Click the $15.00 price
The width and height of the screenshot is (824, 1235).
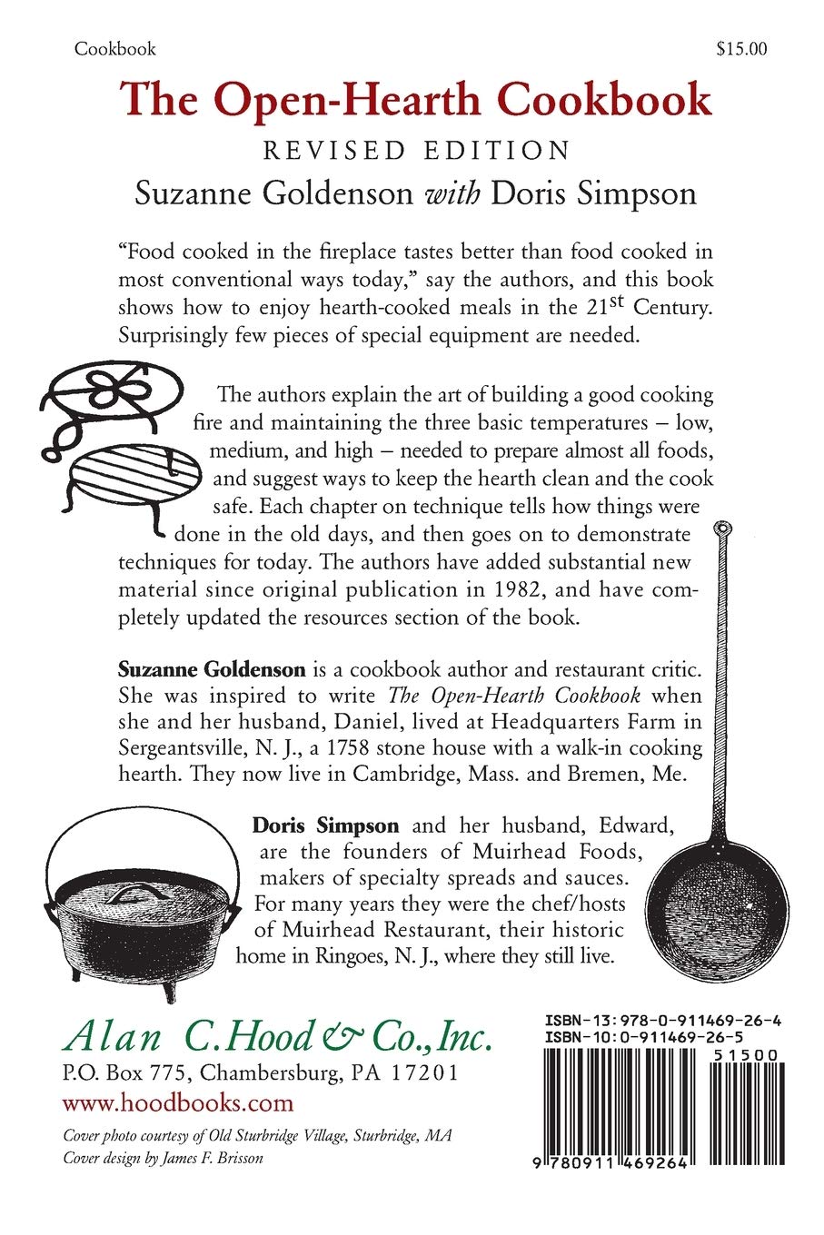click(741, 49)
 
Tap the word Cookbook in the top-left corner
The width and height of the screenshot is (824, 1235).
click(115, 49)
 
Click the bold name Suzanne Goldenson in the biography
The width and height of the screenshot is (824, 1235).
click(212, 670)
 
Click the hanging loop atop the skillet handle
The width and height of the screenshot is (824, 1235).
click(724, 530)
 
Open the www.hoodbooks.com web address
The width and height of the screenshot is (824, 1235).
click(178, 1102)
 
